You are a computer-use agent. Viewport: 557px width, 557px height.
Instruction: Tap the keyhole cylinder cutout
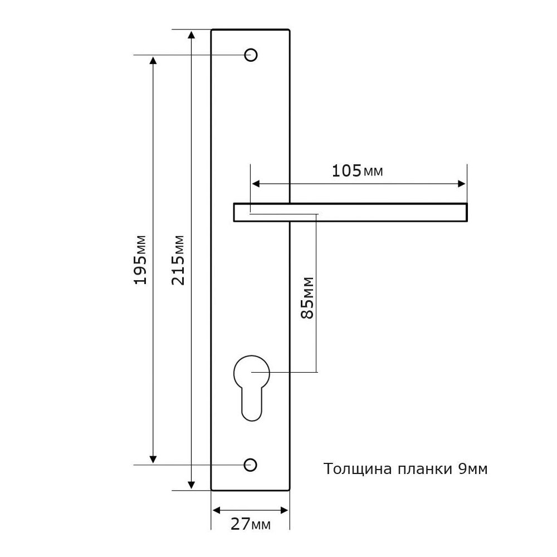[x=252, y=388]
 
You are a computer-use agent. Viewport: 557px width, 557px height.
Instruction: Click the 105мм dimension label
[x=358, y=171]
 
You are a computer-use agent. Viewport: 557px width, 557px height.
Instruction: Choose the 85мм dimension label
[x=307, y=297]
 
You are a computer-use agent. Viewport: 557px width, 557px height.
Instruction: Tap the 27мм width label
[x=251, y=524]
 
